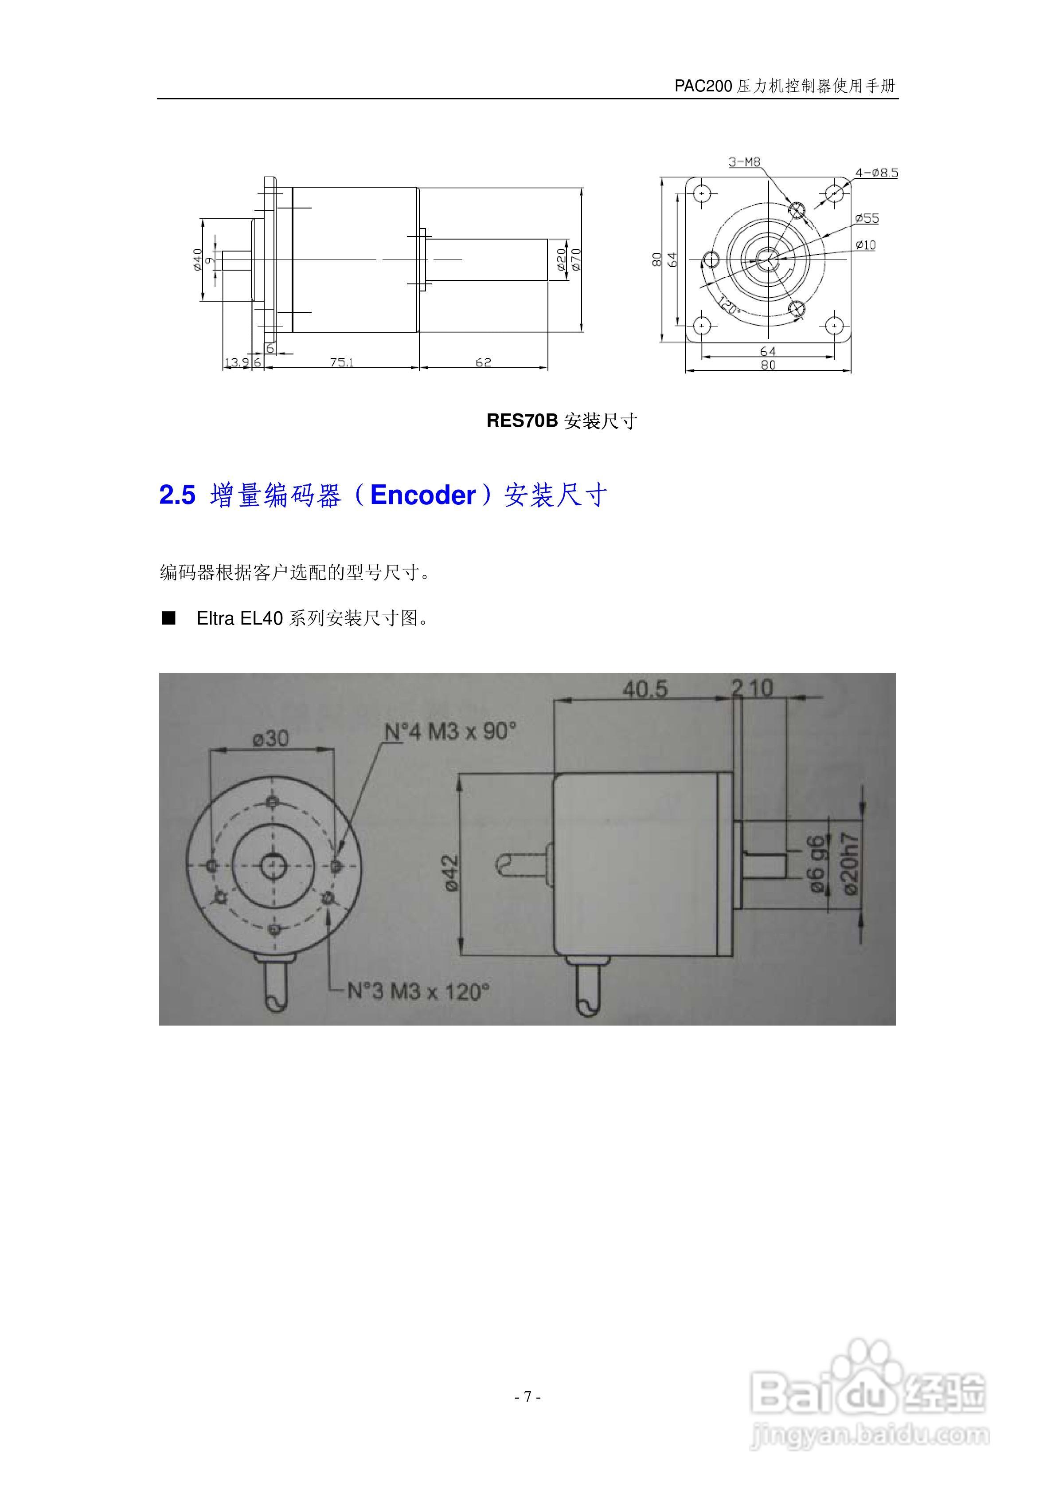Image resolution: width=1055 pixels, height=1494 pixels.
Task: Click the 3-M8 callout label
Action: tap(744, 162)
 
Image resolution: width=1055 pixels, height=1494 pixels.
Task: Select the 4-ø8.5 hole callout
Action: tap(876, 173)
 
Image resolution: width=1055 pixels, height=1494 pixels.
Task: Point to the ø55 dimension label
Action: tap(867, 219)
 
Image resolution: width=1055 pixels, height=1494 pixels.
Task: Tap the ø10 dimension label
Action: tap(866, 245)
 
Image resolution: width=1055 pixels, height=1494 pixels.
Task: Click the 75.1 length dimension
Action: tap(341, 362)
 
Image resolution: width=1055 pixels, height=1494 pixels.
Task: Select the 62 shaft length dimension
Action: tap(483, 362)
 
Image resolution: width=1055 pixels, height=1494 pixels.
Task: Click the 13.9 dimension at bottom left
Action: tap(237, 362)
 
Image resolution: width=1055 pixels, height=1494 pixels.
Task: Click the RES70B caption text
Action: tap(522, 421)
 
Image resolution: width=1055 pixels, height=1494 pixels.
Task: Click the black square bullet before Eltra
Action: tap(169, 618)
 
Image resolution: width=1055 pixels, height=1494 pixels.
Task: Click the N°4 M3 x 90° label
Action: tap(450, 731)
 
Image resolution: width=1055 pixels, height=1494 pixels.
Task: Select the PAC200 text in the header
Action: tap(703, 86)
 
